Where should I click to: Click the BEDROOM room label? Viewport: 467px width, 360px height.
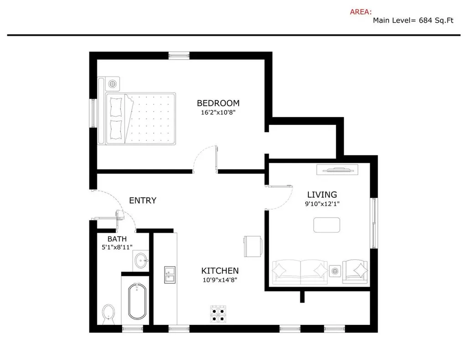coord(218,103)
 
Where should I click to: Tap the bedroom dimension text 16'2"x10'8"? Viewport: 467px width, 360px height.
coord(218,112)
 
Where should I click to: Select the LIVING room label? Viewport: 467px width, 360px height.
coord(322,195)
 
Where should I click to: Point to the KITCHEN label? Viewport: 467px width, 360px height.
coord(220,271)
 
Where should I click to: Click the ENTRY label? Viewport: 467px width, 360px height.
coord(143,201)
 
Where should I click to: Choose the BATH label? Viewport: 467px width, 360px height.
coord(117,239)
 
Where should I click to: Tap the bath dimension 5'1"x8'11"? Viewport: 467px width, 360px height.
coord(117,247)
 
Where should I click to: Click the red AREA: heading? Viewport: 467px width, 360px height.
coord(361,12)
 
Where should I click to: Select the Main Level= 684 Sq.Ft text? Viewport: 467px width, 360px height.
coord(413,21)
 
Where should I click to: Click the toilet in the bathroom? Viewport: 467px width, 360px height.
coord(109,314)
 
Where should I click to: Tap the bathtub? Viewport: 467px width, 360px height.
coord(137,301)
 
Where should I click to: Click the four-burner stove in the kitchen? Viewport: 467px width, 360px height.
coord(218,314)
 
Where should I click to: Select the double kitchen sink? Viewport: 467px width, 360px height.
coord(170,275)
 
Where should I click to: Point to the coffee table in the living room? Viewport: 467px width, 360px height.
coord(327,225)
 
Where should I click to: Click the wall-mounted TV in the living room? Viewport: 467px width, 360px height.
coord(337,170)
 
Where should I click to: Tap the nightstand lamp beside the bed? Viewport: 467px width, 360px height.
coord(113,84)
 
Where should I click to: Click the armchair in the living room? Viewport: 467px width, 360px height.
coord(355,271)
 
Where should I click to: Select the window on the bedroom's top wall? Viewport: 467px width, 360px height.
coord(179,55)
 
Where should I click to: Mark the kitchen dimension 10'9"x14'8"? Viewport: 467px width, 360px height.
coord(220,280)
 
